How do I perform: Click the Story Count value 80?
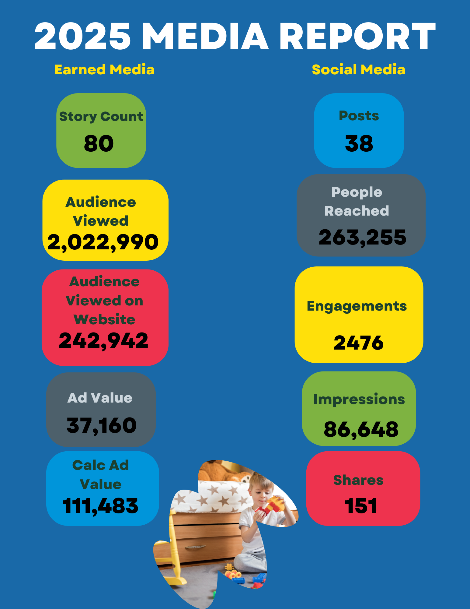tap(99, 143)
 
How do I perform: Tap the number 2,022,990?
tap(103, 242)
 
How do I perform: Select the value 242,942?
tap(103, 340)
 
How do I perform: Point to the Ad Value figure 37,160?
tap(102, 425)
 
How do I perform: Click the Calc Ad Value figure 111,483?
tap(100, 506)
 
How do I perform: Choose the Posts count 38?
tap(359, 143)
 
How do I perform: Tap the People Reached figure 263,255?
tap(362, 238)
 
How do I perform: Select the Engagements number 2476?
tap(359, 343)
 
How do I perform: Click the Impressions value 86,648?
tap(361, 429)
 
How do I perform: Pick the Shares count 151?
tap(361, 506)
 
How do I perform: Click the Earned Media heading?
tap(104, 70)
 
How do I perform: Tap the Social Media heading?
tap(359, 70)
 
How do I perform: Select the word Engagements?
tap(357, 306)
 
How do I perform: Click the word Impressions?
tap(359, 399)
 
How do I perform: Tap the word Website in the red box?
tap(104, 319)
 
